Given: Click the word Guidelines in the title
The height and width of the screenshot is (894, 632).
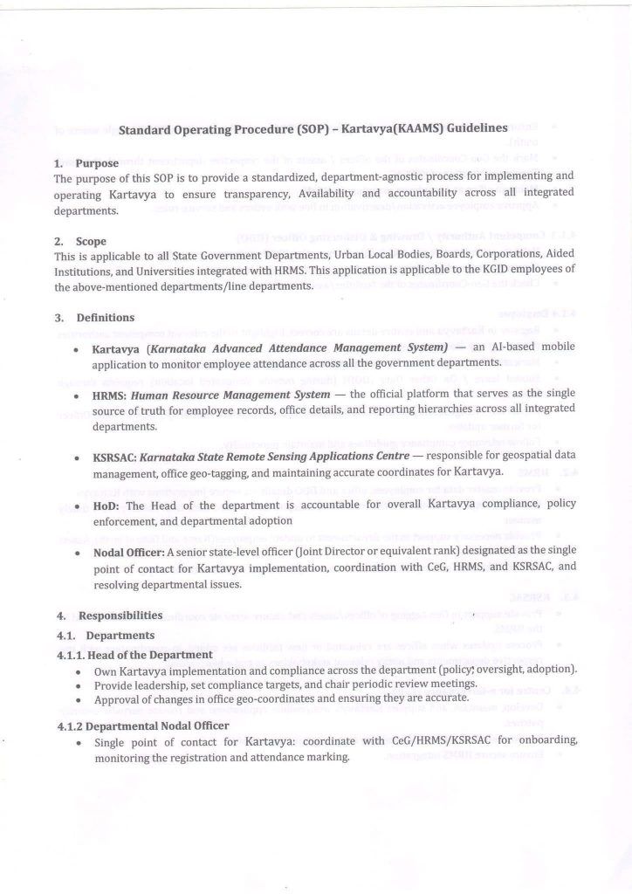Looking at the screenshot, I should tap(475, 128).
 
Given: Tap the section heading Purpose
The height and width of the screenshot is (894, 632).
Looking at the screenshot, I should tap(96, 163).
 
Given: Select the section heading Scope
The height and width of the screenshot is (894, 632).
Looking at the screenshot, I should tap(93, 241).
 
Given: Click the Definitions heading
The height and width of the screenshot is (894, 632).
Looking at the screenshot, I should tap(106, 318).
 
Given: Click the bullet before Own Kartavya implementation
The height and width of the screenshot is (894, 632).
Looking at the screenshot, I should tap(79, 671).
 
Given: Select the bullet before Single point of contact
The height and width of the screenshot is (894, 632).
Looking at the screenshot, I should tap(79, 742).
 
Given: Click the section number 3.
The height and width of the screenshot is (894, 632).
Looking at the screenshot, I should tap(58, 318).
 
